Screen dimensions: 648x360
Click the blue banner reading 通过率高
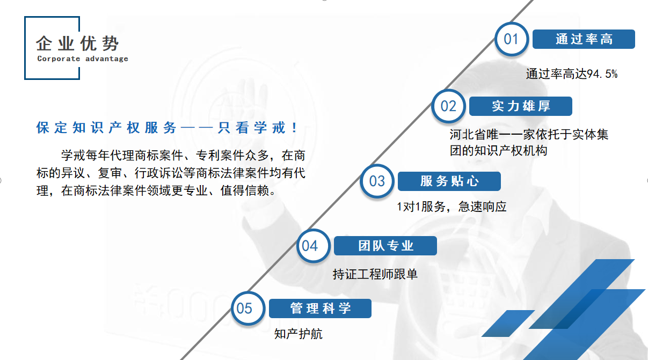pos(584,39)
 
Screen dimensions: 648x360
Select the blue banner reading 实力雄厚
pos(521,106)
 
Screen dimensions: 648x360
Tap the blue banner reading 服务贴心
pos(449,181)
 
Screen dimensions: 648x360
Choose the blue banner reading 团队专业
pos(385,246)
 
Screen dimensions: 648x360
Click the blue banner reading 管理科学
pos(320,308)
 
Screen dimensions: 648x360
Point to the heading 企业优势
pos(77,43)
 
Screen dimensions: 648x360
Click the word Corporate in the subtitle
pos(59,58)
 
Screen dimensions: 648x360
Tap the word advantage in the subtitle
pos(107,58)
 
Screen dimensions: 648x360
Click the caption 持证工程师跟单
pos(375,274)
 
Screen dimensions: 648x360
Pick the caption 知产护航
pos(298,334)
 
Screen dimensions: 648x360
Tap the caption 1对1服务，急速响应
pos(452,207)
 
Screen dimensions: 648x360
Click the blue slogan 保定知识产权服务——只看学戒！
pos(166,128)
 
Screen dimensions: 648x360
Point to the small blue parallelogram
pos(508,324)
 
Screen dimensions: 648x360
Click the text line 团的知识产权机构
pos(498,151)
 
